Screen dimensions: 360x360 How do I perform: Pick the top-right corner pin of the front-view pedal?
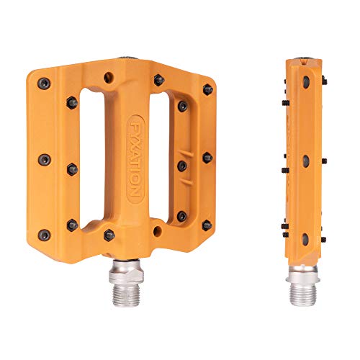207,89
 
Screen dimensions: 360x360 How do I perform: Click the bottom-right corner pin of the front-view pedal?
207,225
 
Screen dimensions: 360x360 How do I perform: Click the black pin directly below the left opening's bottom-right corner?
109,235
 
